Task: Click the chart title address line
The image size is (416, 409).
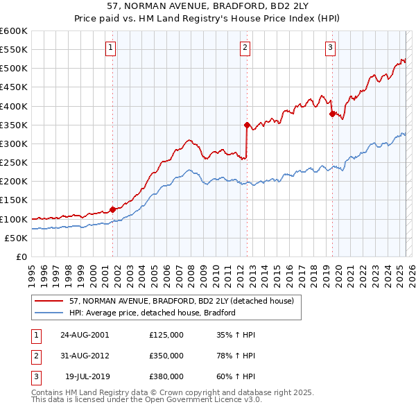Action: pyautogui.click(x=208, y=6)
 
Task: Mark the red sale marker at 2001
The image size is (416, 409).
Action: pyautogui.click(x=112, y=209)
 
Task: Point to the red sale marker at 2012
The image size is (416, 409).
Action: pyautogui.click(x=247, y=125)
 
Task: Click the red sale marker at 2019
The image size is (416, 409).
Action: pyautogui.click(x=332, y=114)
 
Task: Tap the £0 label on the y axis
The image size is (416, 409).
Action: pyautogui.click(x=21, y=256)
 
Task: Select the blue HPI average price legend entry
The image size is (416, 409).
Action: pyautogui.click(x=153, y=313)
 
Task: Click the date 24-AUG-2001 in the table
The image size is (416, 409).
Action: pyautogui.click(x=85, y=334)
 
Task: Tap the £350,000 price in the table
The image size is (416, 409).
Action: pyautogui.click(x=166, y=356)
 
